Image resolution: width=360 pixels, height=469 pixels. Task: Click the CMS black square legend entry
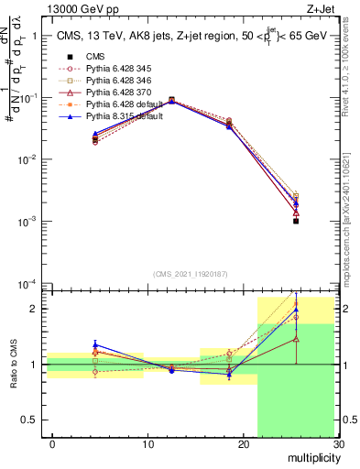(97, 57)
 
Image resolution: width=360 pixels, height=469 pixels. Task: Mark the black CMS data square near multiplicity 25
(296, 221)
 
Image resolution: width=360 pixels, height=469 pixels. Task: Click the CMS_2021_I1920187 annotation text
(190, 274)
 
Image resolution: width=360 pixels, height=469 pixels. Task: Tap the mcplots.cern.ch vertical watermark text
(352, 220)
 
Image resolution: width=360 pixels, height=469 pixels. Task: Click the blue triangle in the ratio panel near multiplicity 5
(95, 345)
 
